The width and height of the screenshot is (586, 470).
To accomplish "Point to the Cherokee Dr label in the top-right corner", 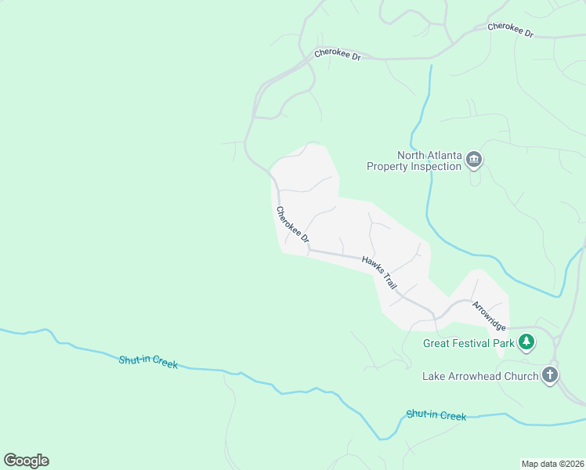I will click(510, 30).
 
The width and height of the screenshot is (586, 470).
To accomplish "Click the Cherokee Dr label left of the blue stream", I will click(337, 55).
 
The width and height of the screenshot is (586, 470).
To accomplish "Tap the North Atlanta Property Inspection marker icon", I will click(474, 160).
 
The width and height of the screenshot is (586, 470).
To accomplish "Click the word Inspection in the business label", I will click(436, 166).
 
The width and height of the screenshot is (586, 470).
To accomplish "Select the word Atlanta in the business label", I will click(444, 155).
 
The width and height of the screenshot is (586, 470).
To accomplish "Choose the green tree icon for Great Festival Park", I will click(528, 342).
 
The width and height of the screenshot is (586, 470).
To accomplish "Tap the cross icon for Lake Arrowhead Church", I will click(550, 374).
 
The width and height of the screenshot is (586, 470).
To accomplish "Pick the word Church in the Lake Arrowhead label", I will click(522, 376).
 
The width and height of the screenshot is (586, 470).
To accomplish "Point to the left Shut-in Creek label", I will click(148, 362).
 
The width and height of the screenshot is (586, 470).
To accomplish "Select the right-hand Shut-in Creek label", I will click(436, 415).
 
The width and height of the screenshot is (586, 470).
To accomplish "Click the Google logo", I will click(26, 460).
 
